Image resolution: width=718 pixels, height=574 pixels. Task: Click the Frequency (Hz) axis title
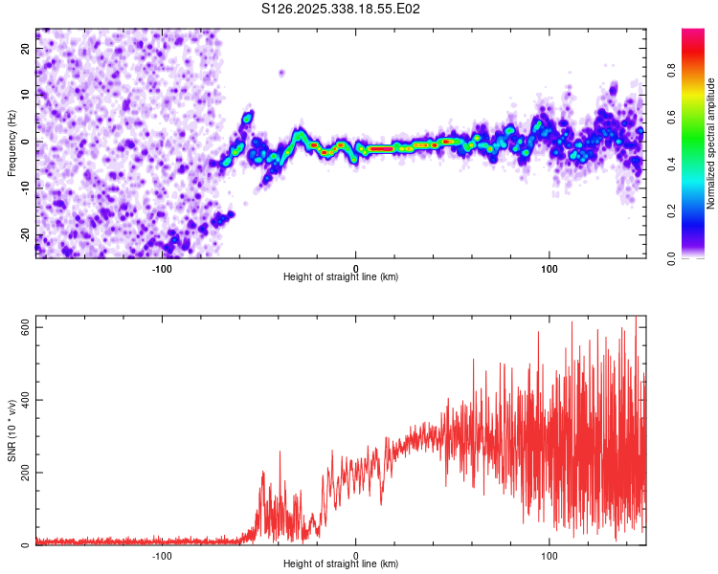click(x=11, y=143)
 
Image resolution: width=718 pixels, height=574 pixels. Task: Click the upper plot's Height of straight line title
click(x=341, y=277)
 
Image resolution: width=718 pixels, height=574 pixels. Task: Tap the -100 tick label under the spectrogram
click(x=162, y=267)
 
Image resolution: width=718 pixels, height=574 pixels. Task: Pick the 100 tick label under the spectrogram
click(x=550, y=267)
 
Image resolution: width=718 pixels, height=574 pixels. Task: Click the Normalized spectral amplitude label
click(x=711, y=143)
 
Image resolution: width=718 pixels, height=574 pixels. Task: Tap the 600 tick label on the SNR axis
click(x=23, y=327)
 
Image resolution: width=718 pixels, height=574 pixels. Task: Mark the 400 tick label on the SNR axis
click(x=23, y=400)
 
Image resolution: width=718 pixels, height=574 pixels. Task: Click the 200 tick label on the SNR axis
click(x=23, y=473)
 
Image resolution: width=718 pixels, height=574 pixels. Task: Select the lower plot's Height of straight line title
click(x=341, y=564)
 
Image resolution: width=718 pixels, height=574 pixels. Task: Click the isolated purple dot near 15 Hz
click(x=281, y=72)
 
